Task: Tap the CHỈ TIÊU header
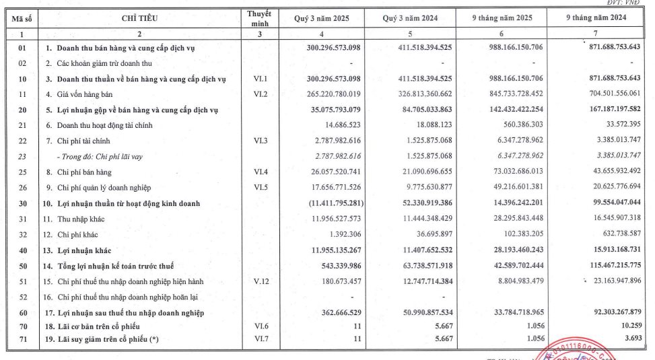(140, 18)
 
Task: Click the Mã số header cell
(20, 18)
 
